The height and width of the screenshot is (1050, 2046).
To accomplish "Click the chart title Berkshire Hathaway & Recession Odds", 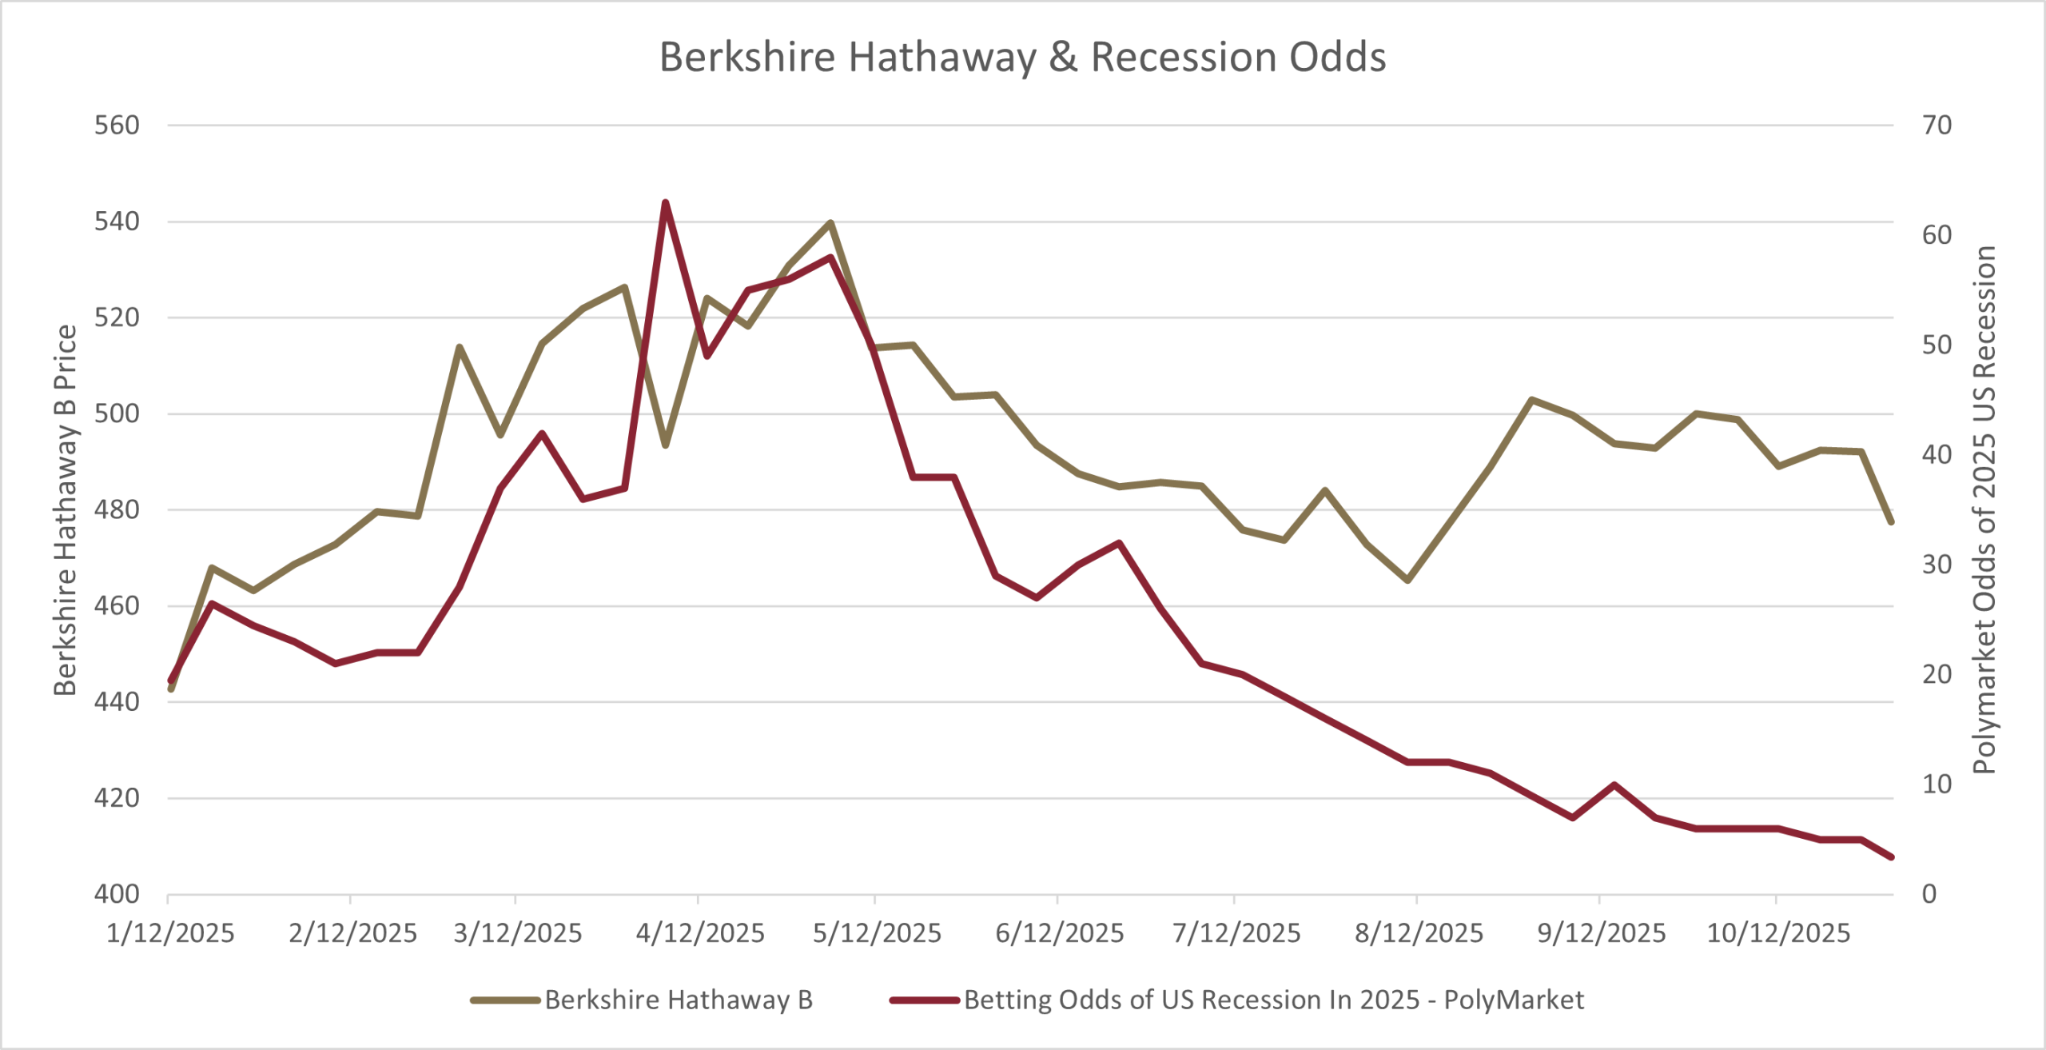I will tap(1022, 58).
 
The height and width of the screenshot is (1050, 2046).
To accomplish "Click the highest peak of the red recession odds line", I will tap(665, 203).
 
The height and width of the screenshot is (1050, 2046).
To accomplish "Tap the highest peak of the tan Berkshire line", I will tap(830, 223).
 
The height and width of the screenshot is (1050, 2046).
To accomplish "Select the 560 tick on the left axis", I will tap(117, 126).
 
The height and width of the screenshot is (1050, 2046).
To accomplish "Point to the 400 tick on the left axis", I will tap(117, 893).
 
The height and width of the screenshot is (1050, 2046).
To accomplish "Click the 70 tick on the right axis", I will tap(1937, 126).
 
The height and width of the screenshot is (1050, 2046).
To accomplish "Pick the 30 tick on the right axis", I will tap(1937, 565).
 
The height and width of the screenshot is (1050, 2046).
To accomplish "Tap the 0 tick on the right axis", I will tap(1929, 893).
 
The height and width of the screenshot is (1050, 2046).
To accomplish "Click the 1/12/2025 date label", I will tap(170, 933).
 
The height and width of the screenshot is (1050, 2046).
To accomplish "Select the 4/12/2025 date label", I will tap(700, 933).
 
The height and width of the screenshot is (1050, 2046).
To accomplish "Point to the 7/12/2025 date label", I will tap(1236, 933).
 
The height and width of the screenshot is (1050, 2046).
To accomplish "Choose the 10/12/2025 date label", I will tap(1778, 933).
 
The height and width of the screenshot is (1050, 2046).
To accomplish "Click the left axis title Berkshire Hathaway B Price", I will tap(66, 510).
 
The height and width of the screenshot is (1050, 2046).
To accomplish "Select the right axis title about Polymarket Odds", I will tap(1984, 510).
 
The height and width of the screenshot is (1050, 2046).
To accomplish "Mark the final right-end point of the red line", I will tap(1891, 857).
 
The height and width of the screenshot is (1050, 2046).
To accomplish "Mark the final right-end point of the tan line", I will tap(1891, 521).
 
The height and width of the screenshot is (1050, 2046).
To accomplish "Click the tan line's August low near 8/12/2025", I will tap(1408, 580).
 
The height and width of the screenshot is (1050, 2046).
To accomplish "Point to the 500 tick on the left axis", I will tap(117, 413).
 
